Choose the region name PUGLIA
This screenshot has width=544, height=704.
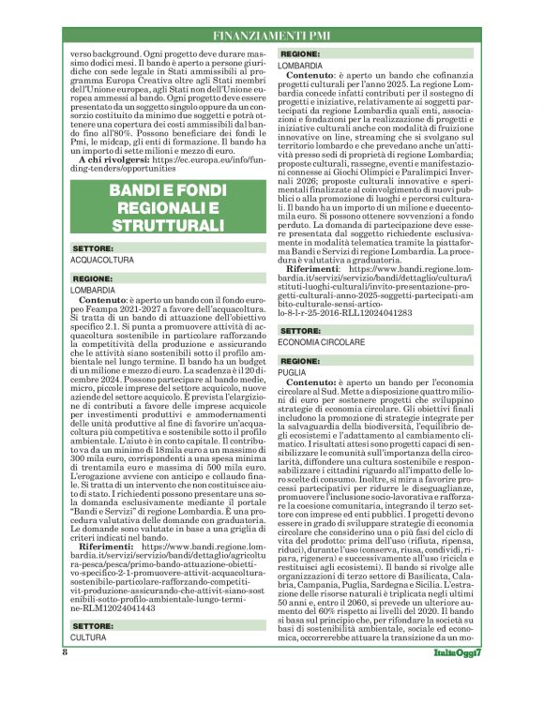tap(292, 372)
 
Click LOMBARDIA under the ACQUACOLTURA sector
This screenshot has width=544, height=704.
tap(92, 292)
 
